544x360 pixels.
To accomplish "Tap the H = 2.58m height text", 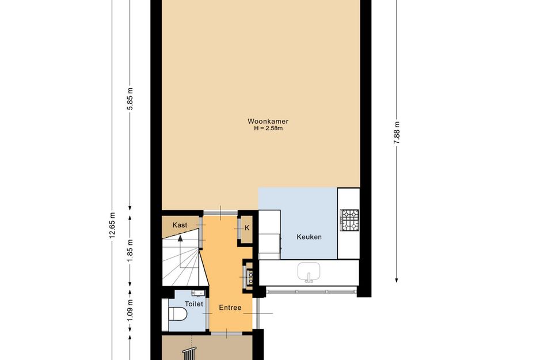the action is (x=268, y=128).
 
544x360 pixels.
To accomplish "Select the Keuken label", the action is (x=309, y=237).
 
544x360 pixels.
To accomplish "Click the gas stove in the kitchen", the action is (x=349, y=220).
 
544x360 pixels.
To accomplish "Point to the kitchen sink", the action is (x=309, y=271).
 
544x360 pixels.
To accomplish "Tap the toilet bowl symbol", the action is (x=177, y=313).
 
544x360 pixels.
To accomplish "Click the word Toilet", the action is (x=193, y=304).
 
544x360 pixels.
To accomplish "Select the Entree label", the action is (x=230, y=308).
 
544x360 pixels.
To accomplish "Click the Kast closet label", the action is (x=180, y=225).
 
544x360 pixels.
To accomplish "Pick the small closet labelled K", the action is (x=247, y=229).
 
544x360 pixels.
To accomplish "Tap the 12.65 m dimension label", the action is (x=112, y=225).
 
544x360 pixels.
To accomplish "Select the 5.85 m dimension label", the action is (x=130, y=98).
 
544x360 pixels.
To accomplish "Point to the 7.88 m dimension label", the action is (x=397, y=134).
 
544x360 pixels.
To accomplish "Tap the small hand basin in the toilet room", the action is (x=198, y=293).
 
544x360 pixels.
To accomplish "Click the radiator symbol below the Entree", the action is (x=189, y=354).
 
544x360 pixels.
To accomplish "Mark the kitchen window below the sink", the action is (x=311, y=291).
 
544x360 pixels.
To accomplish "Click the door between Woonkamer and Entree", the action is (x=220, y=213).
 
